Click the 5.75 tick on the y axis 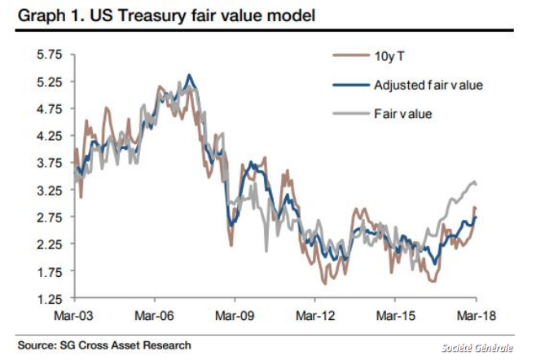pos(51,55)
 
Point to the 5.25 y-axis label pos(51,81)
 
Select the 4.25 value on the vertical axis pos(51,135)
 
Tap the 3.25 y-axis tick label pos(51,190)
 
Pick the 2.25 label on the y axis pos(51,244)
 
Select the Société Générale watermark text pos(483,347)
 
